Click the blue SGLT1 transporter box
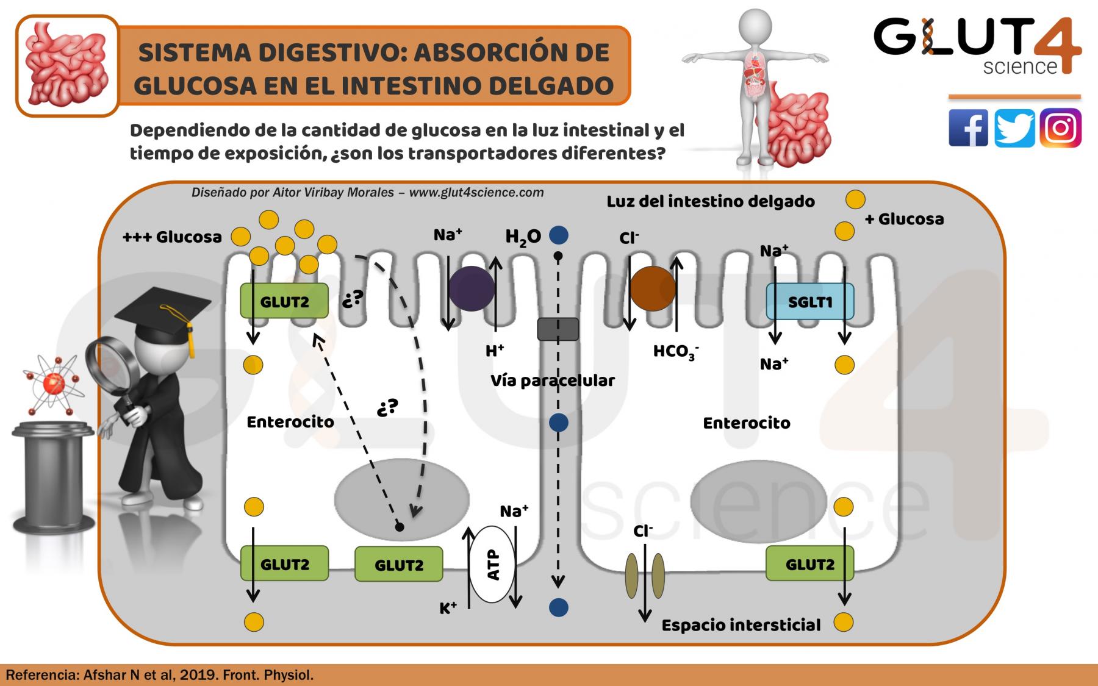pyautogui.click(x=809, y=302)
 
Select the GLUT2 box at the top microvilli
pyautogui.click(x=284, y=301)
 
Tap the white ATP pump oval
pyautogui.click(x=493, y=565)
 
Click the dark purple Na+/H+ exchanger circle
pyautogui.click(x=472, y=288)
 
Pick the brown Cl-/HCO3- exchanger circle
pyautogui.click(x=652, y=288)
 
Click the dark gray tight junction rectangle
pyautogui.click(x=558, y=329)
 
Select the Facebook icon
pyautogui.click(x=968, y=128)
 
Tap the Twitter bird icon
pyautogui.click(x=1014, y=128)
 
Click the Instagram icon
pyautogui.click(x=1060, y=128)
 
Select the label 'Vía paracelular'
pyautogui.click(x=553, y=381)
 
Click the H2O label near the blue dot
pyautogui.click(x=523, y=237)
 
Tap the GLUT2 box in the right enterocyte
pyautogui.click(x=809, y=564)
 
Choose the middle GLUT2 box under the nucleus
pyautogui.click(x=398, y=565)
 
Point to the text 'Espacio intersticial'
pyautogui.click(x=741, y=625)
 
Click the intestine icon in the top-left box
pyautogui.click(x=67, y=66)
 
